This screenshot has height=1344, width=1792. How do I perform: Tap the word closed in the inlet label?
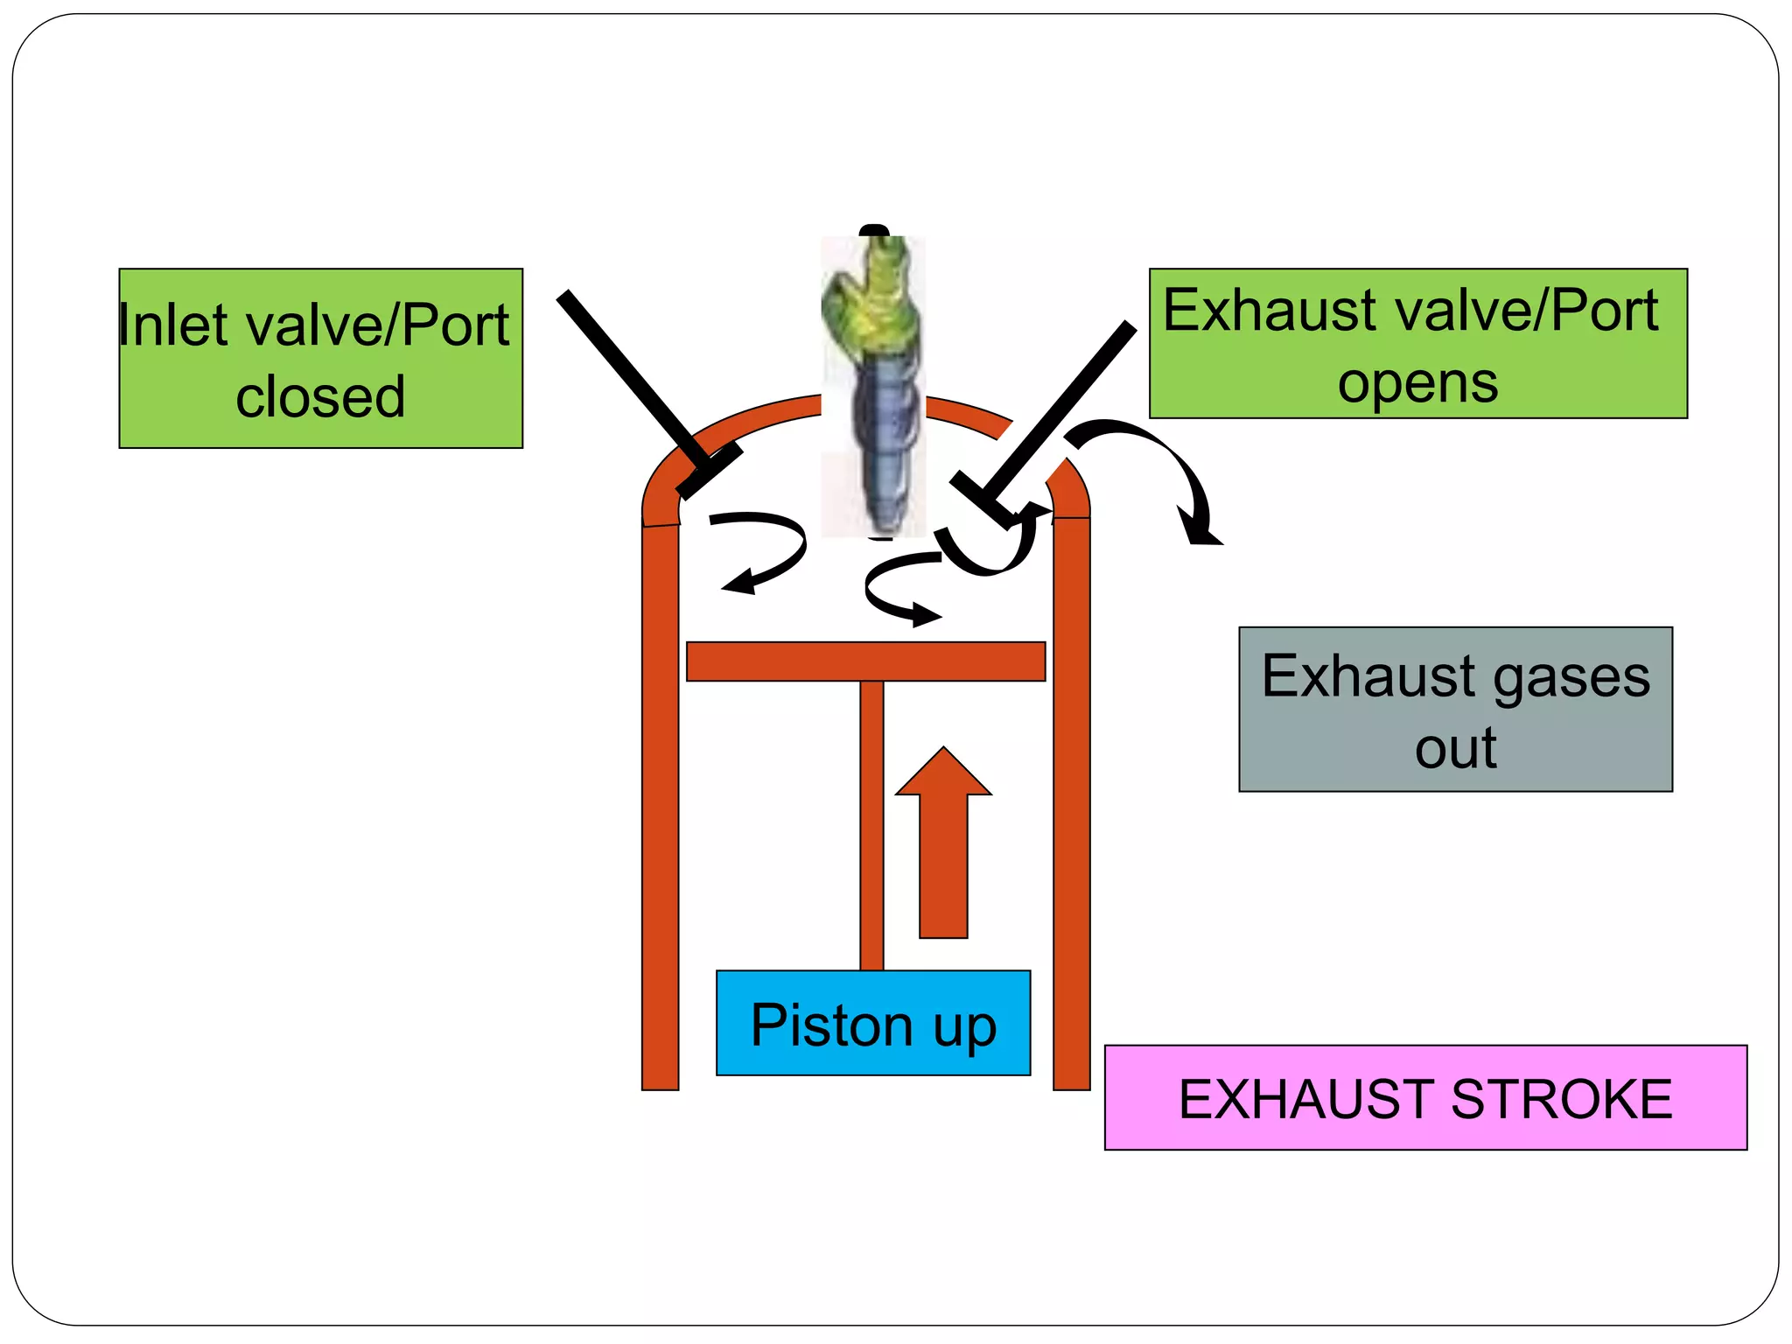320,397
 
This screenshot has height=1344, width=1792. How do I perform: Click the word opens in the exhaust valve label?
1417,383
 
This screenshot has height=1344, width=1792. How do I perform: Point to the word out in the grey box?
1455,748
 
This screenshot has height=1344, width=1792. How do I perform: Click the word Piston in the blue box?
832,1025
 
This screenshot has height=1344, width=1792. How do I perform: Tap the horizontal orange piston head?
865,661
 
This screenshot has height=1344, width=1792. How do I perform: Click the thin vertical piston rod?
871,822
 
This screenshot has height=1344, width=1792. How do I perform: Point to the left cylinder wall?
661,805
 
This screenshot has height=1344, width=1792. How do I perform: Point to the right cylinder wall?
1071,805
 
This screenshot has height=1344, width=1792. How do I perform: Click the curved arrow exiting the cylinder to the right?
1164,464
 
